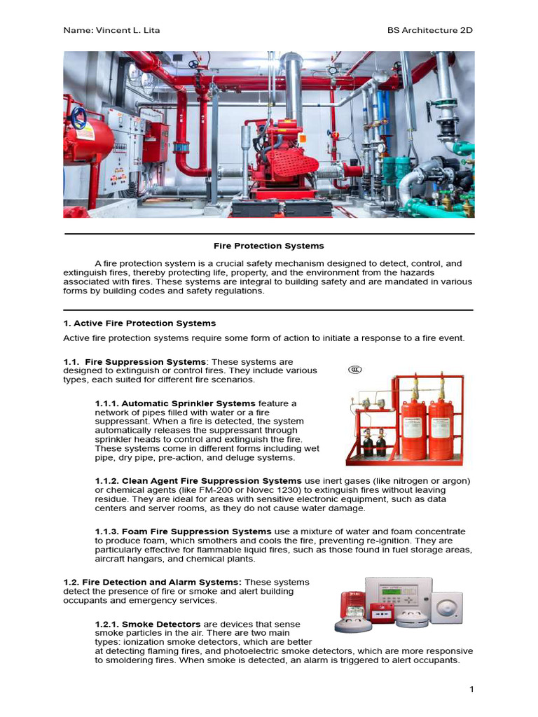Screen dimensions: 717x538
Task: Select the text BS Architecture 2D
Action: coord(430,31)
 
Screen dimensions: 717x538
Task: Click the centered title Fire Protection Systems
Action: coord(269,246)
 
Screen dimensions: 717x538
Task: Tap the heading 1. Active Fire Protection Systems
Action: coord(139,323)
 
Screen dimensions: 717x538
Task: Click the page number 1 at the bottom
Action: coord(472,690)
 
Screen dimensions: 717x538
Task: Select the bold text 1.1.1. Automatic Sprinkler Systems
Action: coord(175,404)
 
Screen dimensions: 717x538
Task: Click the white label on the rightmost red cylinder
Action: coord(441,438)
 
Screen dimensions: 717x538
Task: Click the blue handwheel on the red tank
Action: coord(81,116)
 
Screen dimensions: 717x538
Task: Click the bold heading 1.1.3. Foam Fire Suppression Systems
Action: coord(183,531)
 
